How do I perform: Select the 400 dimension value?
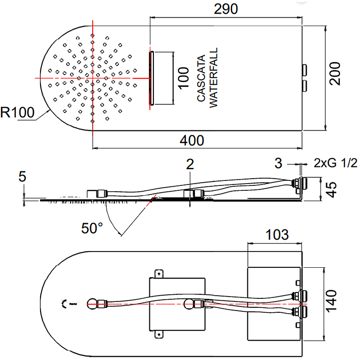pyautogui.click(x=192, y=140)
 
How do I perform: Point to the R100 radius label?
pyautogui.click(x=17, y=112)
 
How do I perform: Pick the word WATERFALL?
pyautogui.click(x=213, y=77)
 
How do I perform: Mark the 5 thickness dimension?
pyautogui.click(x=22, y=176)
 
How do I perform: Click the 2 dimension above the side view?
pyautogui.click(x=190, y=164)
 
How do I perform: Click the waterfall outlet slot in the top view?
pyautogui.click(x=152, y=78)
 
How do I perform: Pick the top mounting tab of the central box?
pyautogui.click(x=158, y=273)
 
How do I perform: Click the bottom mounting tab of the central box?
pyautogui.click(x=158, y=334)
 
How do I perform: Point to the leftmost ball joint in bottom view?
pyautogui.click(x=93, y=304)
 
